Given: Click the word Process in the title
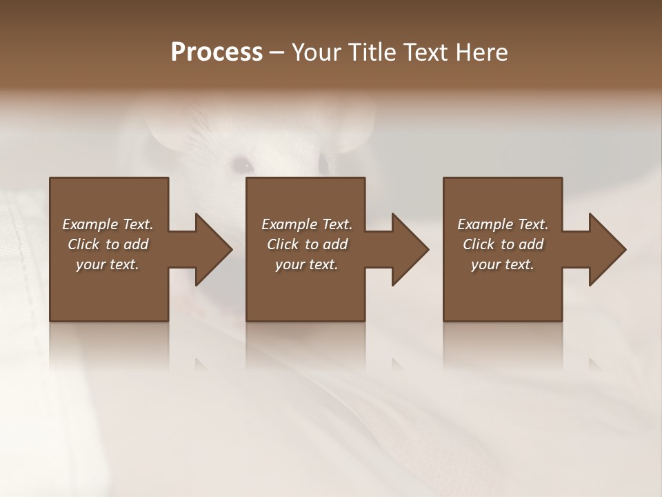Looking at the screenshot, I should (x=217, y=52).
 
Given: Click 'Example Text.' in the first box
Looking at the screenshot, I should (x=108, y=224).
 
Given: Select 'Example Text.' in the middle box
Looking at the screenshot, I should (x=307, y=224).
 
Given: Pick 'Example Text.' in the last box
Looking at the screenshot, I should (x=503, y=224).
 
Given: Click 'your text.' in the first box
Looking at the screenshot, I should (x=108, y=264).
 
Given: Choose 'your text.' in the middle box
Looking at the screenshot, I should (x=307, y=264).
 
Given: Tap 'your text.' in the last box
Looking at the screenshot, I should (x=503, y=264).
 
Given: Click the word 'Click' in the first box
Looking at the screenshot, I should (x=84, y=244).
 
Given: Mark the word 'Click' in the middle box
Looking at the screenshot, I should (x=283, y=244).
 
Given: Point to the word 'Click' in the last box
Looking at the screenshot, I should (x=479, y=244).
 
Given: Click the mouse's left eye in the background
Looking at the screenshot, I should (x=241, y=164).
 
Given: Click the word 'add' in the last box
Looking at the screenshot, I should (x=531, y=244).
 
